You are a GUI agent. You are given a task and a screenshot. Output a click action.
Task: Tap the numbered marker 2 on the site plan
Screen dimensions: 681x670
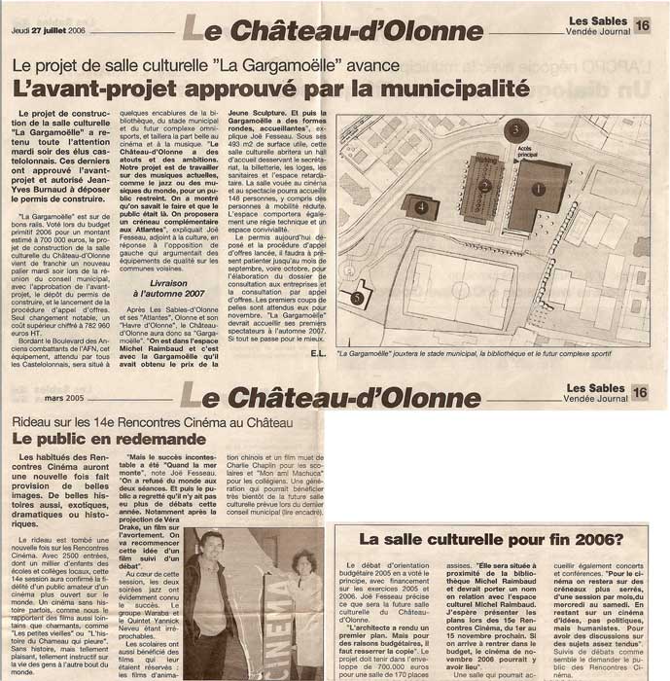(x=484, y=185)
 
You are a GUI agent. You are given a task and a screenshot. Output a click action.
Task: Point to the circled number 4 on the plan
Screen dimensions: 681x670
(x=420, y=207)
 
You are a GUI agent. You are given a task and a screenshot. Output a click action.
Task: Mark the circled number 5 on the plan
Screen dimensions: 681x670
(x=357, y=298)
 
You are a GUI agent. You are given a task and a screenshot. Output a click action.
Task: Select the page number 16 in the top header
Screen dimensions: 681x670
(x=642, y=25)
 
